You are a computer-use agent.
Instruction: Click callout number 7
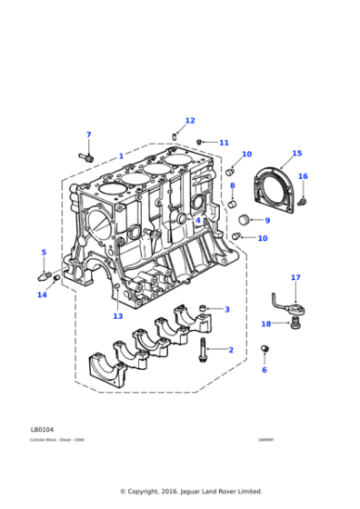pyautogui.click(x=88, y=135)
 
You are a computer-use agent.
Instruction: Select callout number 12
pyautogui.click(x=190, y=121)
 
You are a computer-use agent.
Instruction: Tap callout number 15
pyautogui.click(x=297, y=154)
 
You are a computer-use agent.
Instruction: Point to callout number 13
pyautogui.click(x=117, y=316)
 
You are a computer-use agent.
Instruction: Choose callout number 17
pyautogui.click(x=295, y=277)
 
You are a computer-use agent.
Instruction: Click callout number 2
pyautogui.click(x=230, y=350)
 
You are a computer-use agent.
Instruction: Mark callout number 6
pyautogui.click(x=265, y=370)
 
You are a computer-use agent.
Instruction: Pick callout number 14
pyautogui.click(x=42, y=294)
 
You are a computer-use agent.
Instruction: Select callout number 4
pyautogui.click(x=198, y=220)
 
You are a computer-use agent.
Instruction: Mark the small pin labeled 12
pyautogui.click(x=174, y=136)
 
